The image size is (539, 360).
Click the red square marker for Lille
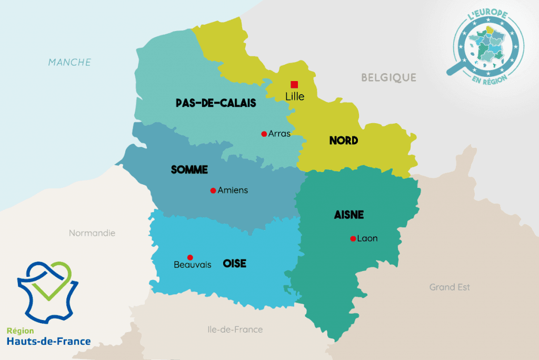tap(294, 84)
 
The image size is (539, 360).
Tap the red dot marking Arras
tap(264, 134)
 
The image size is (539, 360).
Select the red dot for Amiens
tap(213, 191)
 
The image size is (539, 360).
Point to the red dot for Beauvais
tap(190, 257)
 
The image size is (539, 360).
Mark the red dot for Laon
tap(353, 238)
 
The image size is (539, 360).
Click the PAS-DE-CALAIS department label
tap(216, 103)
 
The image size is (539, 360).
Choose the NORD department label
tap(344, 141)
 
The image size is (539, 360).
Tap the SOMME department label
tap(189, 170)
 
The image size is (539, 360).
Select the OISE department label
tap(235, 263)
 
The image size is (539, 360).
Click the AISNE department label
tap(349, 215)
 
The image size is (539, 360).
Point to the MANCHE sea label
tap(69, 62)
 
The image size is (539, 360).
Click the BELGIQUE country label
tap(388, 78)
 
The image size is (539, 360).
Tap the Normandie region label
tap(92, 233)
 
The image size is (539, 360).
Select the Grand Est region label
tap(450, 287)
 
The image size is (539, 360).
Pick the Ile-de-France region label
tap(235, 329)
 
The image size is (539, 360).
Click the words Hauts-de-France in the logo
tap(48, 341)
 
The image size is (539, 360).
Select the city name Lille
tap(294, 97)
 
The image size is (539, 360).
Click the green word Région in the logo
tap(20, 331)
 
